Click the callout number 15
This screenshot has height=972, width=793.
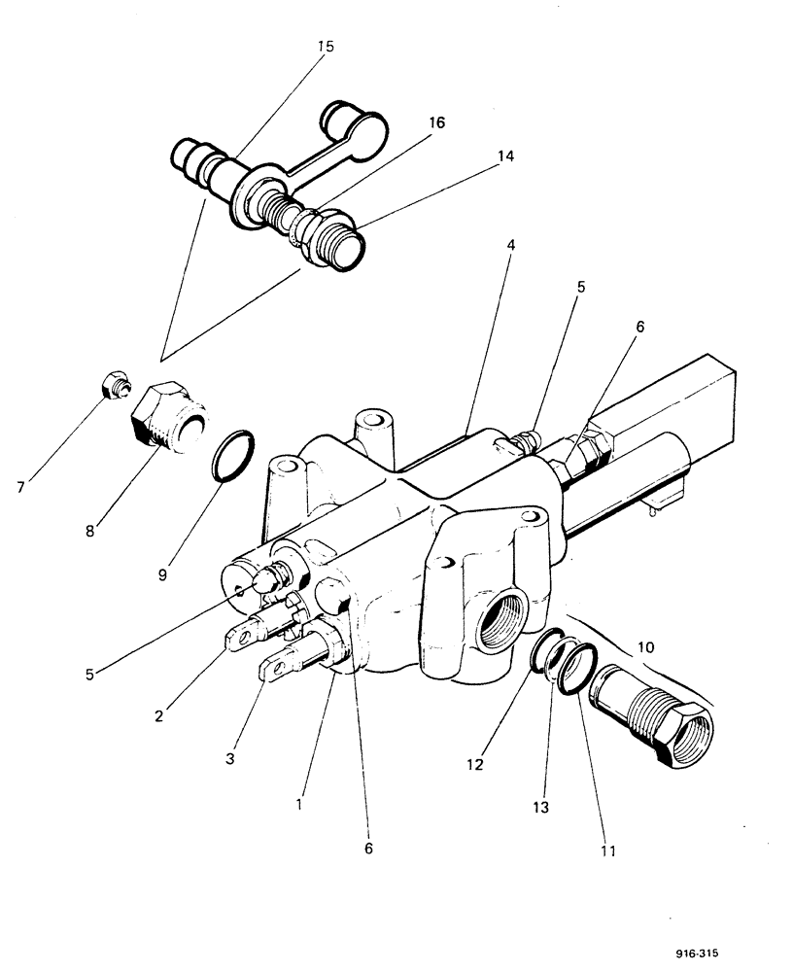click(325, 47)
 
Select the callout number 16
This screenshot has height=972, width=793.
click(435, 122)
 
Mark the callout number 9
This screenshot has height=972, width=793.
click(162, 573)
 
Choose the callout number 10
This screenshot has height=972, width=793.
click(646, 645)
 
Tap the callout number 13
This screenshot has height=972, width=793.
click(539, 806)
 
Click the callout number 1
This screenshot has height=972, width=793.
click(300, 804)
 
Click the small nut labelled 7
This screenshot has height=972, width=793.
click(114, 386)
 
